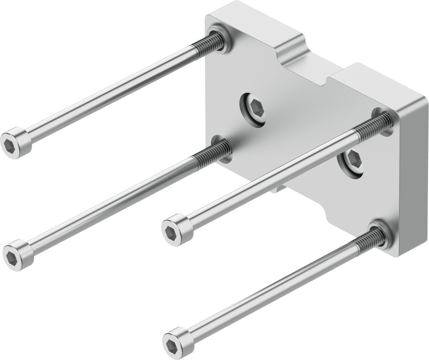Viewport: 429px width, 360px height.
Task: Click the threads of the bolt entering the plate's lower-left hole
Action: pos(212,153)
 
